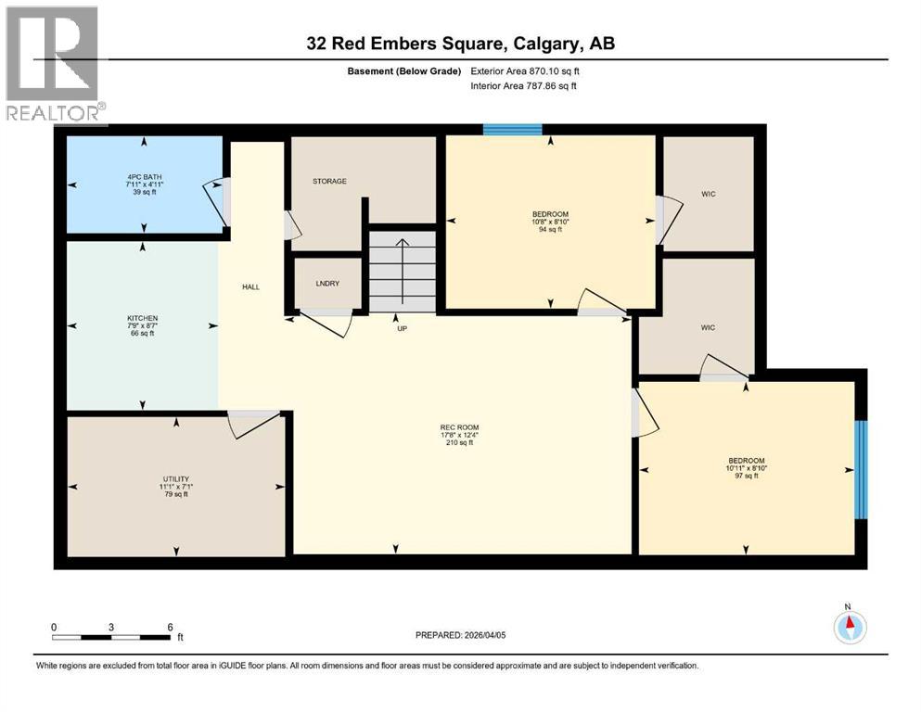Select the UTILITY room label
(x=175, y=479)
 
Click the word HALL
(x=251, y=287)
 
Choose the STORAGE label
(x=329, y=181)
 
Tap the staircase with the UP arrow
(x=402, y=262)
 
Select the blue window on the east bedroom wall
(x=860, y=469)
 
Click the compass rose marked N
(x=849, y=628)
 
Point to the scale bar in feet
(x=112, y=637)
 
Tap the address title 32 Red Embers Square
(x=460, y=44)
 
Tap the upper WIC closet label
(x=709, y=193)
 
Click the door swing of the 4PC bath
(x=215, y=199)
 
